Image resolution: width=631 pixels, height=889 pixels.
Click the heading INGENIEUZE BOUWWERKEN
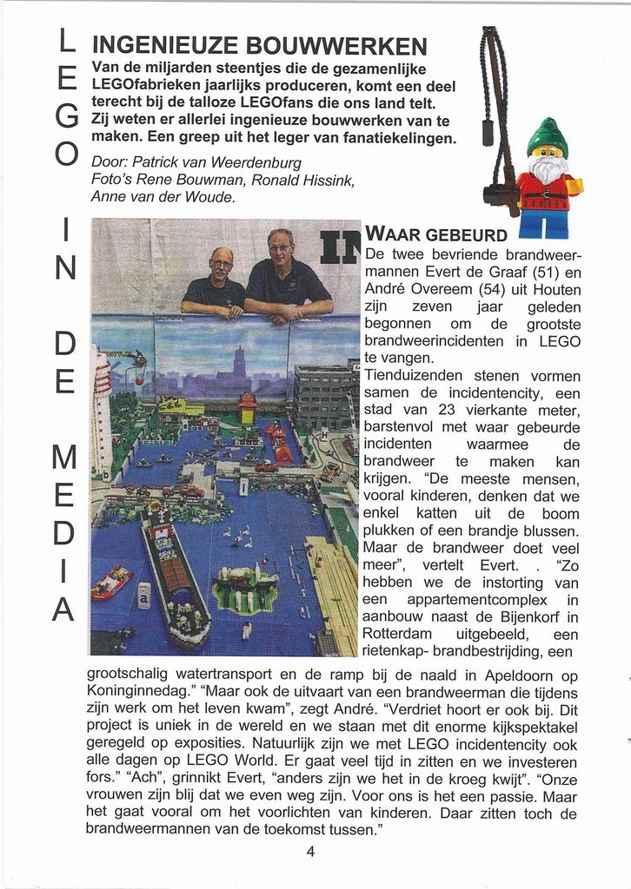point(259,46)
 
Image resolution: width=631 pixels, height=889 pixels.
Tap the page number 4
point(310,852)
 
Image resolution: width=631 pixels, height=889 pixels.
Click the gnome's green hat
point(548,137)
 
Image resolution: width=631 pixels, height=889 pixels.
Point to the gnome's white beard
point(548,169)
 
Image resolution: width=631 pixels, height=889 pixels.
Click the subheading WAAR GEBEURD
point(436,235)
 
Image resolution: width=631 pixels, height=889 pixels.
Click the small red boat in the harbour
point(111,583)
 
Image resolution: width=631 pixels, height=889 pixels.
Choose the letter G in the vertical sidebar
point(66,116)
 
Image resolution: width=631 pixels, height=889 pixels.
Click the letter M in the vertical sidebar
point(66,458)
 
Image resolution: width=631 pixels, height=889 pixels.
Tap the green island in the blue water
point(244,586)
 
